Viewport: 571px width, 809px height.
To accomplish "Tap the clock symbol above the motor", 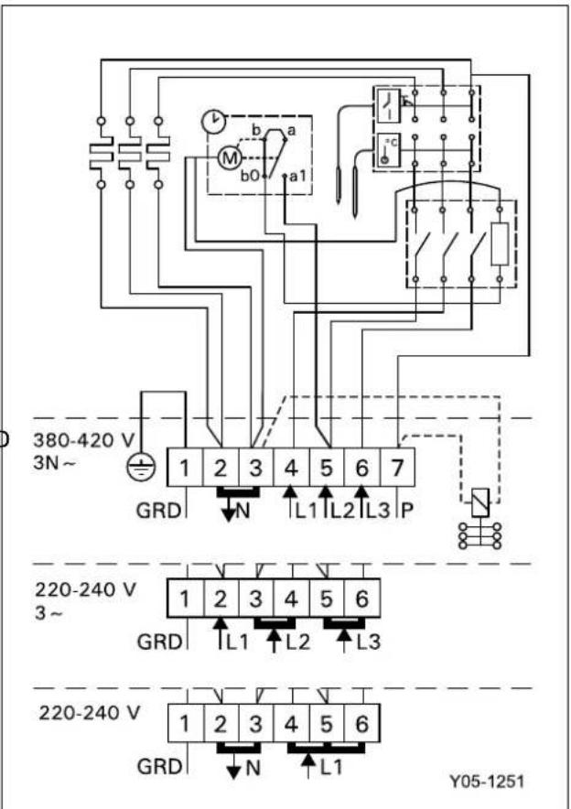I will tap(212, 121).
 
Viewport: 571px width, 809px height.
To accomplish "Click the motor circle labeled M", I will tap(225, 158).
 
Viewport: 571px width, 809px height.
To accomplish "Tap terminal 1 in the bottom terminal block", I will tap(185, 723).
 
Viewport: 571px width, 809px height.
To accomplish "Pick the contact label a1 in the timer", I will tap(297, 176).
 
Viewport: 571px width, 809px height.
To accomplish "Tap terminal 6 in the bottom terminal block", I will tap(362, 723).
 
